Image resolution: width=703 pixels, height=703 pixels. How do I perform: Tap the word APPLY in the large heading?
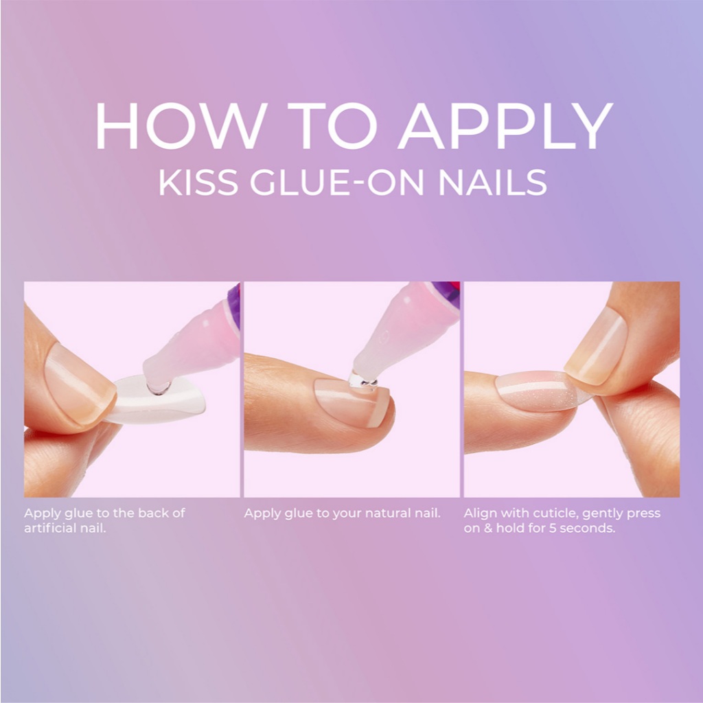[x=505, y=126]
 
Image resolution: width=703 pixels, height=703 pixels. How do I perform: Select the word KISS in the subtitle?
[x=198, y=182]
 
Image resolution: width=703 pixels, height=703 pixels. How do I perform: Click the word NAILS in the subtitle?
[x=492, y=182]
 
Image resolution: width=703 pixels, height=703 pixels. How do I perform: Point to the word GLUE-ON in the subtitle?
[x=336, y=182]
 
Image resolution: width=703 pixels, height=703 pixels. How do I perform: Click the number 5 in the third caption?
[x=553, y=528]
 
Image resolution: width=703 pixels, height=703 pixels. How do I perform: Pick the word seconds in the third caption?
[x=587, y=528]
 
